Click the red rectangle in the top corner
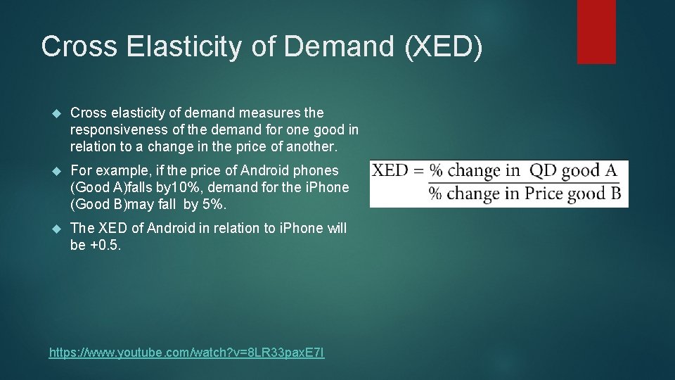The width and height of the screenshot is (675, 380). (596, 32)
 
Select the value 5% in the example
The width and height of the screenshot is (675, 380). (214, 204)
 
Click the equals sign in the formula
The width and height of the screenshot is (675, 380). (418, 171)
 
